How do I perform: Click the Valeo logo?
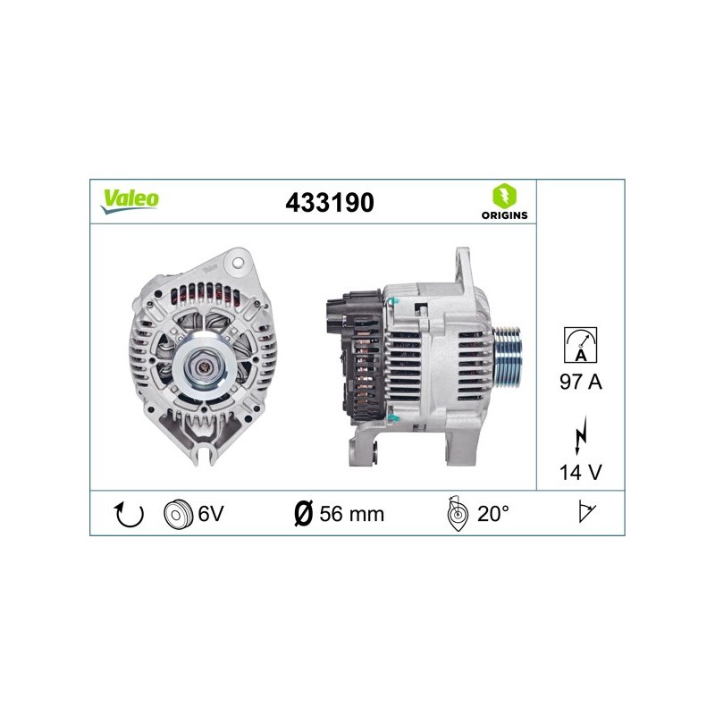(130, 201)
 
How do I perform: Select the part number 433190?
(330, 203)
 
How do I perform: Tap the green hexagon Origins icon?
(504, 196)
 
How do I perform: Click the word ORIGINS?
(504, 215)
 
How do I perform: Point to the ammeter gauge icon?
(580, 345)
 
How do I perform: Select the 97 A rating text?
(580, 382)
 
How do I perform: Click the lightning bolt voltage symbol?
(580, 435)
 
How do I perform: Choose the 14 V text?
(580, 472)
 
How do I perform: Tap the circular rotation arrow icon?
(129, 515)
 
